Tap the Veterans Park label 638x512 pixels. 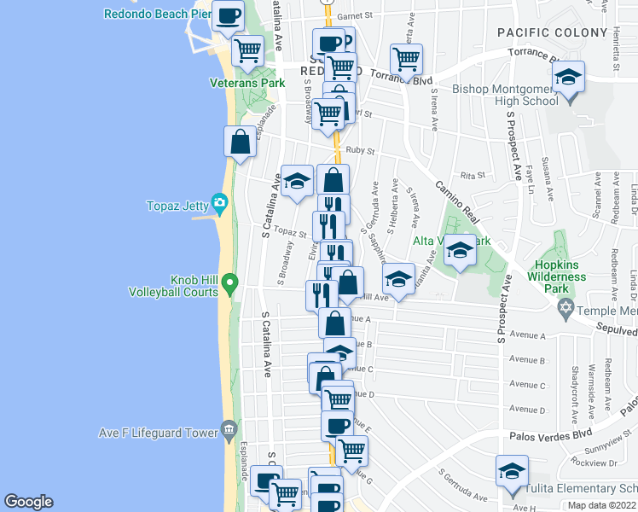[246, 83]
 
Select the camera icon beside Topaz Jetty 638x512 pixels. [220, 203]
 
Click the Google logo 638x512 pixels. [28, 502]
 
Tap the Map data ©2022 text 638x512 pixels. [602, 505]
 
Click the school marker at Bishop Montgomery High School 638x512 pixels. [568, 79]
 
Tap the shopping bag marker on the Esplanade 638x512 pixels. [241, 142]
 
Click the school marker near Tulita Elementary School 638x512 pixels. [511, 472]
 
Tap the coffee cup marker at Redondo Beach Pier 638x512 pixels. [228, 17]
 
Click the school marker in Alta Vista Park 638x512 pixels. [460, 251]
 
